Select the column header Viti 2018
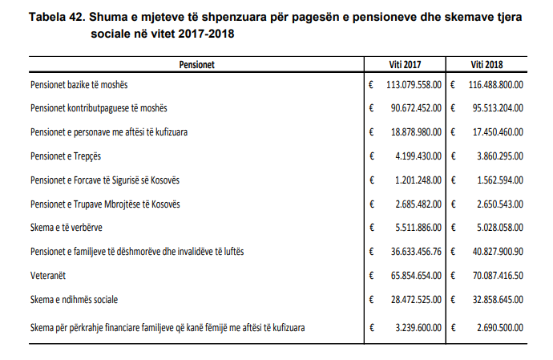point(486,64)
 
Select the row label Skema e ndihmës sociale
point(75,300)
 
